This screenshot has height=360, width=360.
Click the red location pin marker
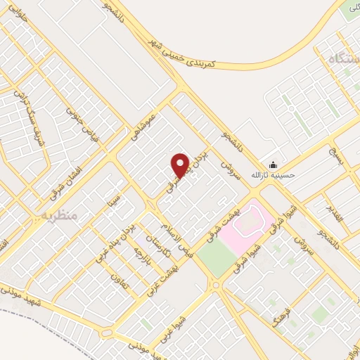point(179,166)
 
